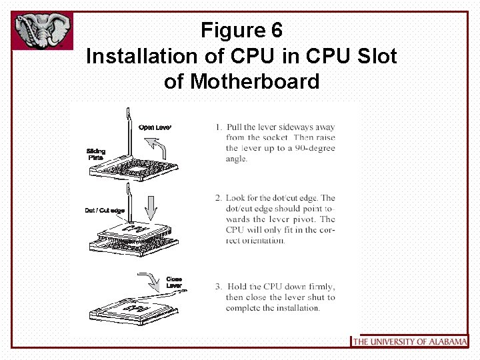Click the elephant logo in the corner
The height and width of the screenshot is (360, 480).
point(42,31)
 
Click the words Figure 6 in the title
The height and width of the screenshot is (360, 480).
point(241,30)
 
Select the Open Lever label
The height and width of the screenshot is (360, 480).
point(155,127)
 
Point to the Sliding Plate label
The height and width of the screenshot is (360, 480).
point(96,154)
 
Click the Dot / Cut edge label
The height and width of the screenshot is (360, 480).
point(105,211)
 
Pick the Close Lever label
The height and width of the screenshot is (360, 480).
point(174,283)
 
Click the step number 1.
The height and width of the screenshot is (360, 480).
point(218,127)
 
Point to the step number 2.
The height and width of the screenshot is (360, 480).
point(218,198)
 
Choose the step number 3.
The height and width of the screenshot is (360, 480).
point(218,287)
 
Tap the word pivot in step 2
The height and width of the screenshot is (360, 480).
point(321,219)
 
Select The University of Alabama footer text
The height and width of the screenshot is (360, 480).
point(409,341)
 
